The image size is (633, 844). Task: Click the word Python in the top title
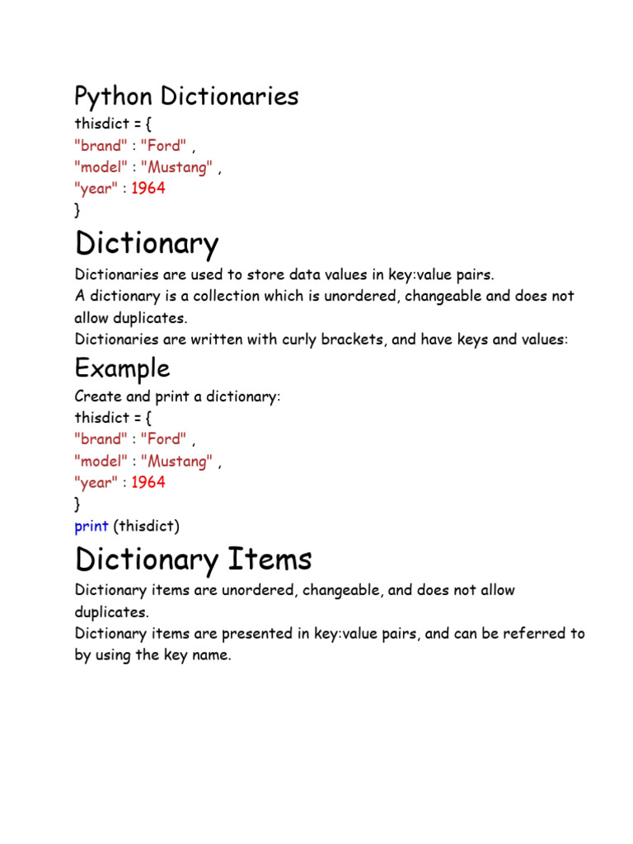pyautogui.click(x=114, y=97)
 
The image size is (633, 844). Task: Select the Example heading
pyautogui.click(x=122, y=368)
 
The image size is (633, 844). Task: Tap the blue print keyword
pyautogui.click(x=91, y=526)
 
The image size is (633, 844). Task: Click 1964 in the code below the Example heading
pyautogui.click(x=148, y=483)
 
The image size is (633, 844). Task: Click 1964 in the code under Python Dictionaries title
pyautogui.click(x=148, y=189)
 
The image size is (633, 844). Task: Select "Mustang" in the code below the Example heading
pyautogui.click(x=177, y=462)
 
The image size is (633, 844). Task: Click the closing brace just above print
pyautogui.click(x=77, y=504)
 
